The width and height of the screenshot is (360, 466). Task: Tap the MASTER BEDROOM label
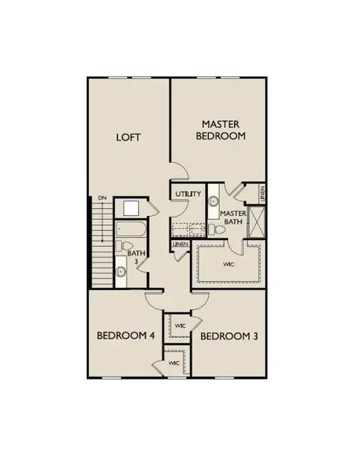point(224,129)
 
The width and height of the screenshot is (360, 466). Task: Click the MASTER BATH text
point(232,217)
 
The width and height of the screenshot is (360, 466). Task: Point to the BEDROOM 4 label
point(126,336)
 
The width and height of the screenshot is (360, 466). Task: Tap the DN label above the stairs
point(102,200)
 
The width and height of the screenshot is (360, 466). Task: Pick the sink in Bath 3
point(121,272)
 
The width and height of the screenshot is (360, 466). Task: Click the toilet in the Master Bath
point(214,228)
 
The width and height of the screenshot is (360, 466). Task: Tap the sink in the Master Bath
point(213,202)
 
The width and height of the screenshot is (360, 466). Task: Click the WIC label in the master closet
point(227,263)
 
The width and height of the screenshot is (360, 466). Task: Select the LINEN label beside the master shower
point(263,193)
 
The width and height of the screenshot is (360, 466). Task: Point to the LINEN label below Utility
point(181,244)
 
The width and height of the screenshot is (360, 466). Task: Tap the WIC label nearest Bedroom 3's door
point(179,325)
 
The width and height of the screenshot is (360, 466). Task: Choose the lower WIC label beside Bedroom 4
point(175,363)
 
